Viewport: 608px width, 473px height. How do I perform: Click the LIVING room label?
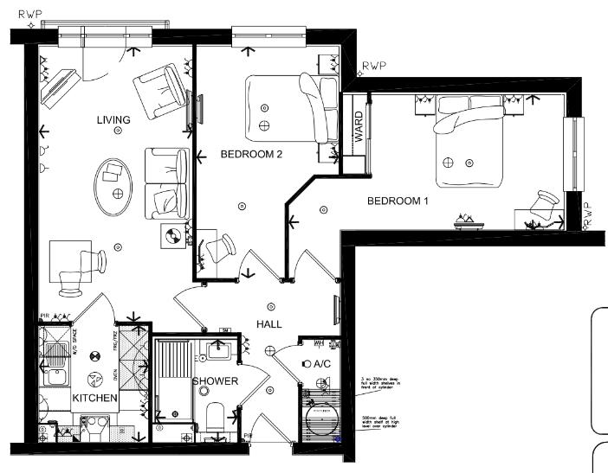click(x=113, y=120)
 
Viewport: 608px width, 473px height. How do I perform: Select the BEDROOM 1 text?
click(x=398, y=201)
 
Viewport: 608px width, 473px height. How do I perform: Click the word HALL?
click(x=269, y=323)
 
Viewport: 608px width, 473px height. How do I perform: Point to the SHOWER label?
click(x=215, y=381)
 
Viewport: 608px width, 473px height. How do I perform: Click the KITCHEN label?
click(x=94, y=398)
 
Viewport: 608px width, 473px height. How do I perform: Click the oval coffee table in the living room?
click(x=114, y=185)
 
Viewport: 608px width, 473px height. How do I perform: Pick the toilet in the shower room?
click(x=216, y=420)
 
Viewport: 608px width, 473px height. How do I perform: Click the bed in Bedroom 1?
click(x=468, y=143)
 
